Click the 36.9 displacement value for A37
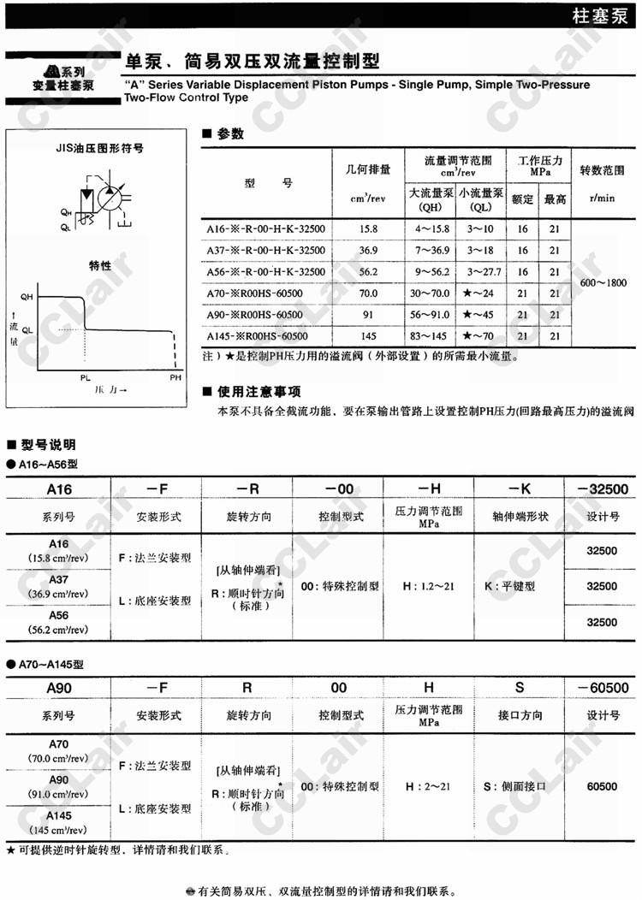[368, 251]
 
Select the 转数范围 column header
[603, 169]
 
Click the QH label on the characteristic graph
[27, 296]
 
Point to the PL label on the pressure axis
[85, 377]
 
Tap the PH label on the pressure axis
[175, 377]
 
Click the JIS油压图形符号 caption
[106, 147]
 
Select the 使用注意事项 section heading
[259, 392]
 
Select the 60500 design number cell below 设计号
[601, 785]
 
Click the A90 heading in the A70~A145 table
[59, 687]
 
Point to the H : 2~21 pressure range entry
[429, 785]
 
